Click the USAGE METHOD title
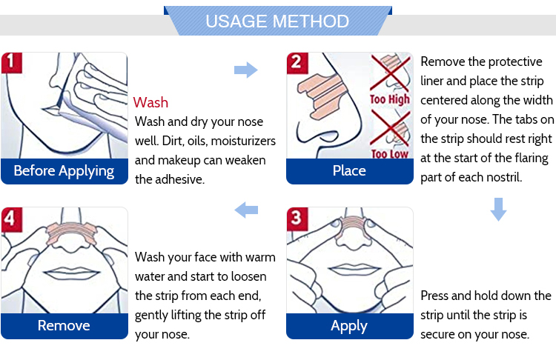pyautogui.click(x=277, y=21)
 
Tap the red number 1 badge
pyautogui.click(x=12, y=63)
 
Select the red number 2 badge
pyautogui.click(x=297, y=63)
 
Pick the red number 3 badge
pyautogui.click(x=297, y=219)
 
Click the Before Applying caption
pyautogui.click(x=64, y=171)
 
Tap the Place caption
pyautogui.click(x=349, y=171)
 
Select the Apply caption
pyautogui.click(x=349, y=326)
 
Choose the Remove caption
pyautogui.click(x=64, y=326)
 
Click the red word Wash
pyautogui.click(x=150, y=102)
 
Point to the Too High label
pyautogui.click(x=390, y=99)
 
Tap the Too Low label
pyautogui.click(x=390, y=154)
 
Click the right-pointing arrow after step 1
pyautogui.click(x=245, y=70)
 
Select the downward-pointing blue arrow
pyautogui.click(x=498, y=210)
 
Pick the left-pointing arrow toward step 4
pyautogui.click(x=246, y=210)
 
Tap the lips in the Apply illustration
pyautogui.click(x=350, y=270)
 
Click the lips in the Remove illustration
pyautogui.click(x=72, y=273)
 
